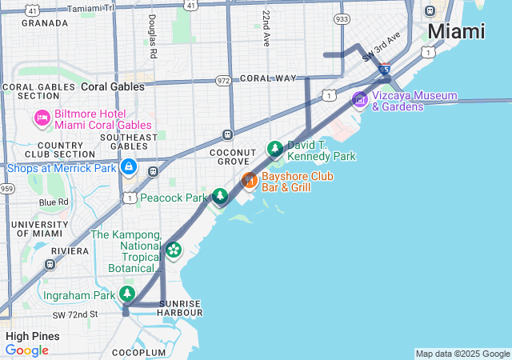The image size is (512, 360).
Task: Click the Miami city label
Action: [x=456, y=32]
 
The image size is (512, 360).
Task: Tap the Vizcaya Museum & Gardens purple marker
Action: [x=360, y=100]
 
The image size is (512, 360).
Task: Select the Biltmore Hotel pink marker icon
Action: [x=42, y=119]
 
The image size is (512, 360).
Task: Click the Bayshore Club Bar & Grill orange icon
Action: [x=249, y=180]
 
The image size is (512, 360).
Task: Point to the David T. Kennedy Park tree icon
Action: [x=275, y=149]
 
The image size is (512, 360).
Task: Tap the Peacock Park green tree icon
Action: [x=219, y=196]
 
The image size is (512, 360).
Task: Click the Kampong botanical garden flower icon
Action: [x=174, y=250]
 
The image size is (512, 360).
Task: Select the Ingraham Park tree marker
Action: [x=127, y=295]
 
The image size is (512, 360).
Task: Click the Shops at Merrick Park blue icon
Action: [x=128, y=167]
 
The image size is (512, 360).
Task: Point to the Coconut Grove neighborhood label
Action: [x=232, y=158]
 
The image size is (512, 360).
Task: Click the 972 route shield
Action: [x=223, y=81]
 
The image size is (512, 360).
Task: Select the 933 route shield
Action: [x=342, y=18]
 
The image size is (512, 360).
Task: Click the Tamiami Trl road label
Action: [x=91, y=7]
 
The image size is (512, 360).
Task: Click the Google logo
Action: [x=26, y=350]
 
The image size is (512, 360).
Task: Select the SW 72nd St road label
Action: [x=70, y=314]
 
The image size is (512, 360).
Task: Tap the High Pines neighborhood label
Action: [x=32, y=336]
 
